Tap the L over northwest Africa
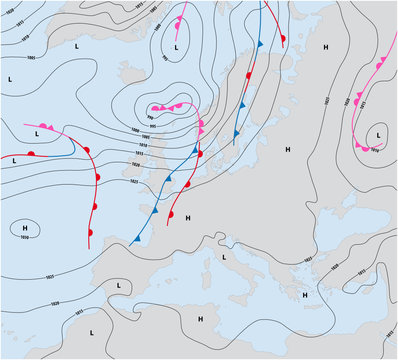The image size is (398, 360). (92, 330)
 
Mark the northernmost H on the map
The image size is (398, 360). (325, 47)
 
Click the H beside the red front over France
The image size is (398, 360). (187, 217)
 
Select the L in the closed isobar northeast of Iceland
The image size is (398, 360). (177, 47)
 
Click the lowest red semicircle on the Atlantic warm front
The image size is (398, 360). (92, 232)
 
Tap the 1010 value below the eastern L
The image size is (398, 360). (374, 150)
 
